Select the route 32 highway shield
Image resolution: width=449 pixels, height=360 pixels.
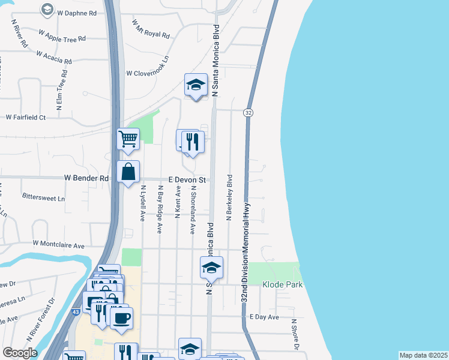point(247,113)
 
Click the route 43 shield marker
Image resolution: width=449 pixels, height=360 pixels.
point(75,313)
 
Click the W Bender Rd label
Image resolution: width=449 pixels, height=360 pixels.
point(86,178)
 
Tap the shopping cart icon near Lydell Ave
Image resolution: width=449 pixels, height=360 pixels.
point(128,140)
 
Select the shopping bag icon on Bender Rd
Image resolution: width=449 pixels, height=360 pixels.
point(128,172)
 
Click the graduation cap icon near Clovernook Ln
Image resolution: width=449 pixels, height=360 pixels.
point(196,85)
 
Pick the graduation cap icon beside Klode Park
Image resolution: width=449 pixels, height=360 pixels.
point(211,268)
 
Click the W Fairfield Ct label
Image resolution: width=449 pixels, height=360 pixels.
point(25,118)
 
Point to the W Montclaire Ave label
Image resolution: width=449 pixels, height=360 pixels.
point(59,245)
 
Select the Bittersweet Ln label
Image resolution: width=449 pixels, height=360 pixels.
point(43,196)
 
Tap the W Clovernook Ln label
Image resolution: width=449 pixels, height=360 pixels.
point(148,73)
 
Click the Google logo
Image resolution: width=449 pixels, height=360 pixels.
point(20,353)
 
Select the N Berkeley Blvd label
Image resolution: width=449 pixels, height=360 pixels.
point(229,198)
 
